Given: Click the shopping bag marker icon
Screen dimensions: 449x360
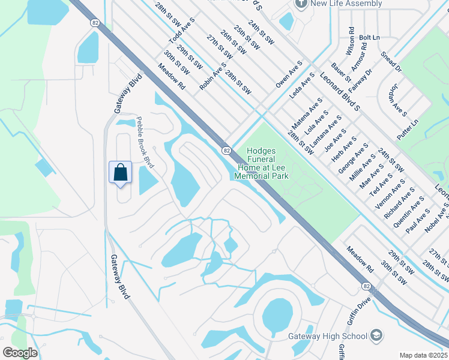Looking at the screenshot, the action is point(121,173).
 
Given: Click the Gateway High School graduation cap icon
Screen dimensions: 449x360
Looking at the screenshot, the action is point(376,335).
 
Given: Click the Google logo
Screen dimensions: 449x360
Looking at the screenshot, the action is point(20,352).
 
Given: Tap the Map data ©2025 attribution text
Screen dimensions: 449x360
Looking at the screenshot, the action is point(423,355).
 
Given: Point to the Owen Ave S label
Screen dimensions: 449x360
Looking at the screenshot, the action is point(289,74).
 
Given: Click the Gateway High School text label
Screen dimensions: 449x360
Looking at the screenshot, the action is point(328,335).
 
